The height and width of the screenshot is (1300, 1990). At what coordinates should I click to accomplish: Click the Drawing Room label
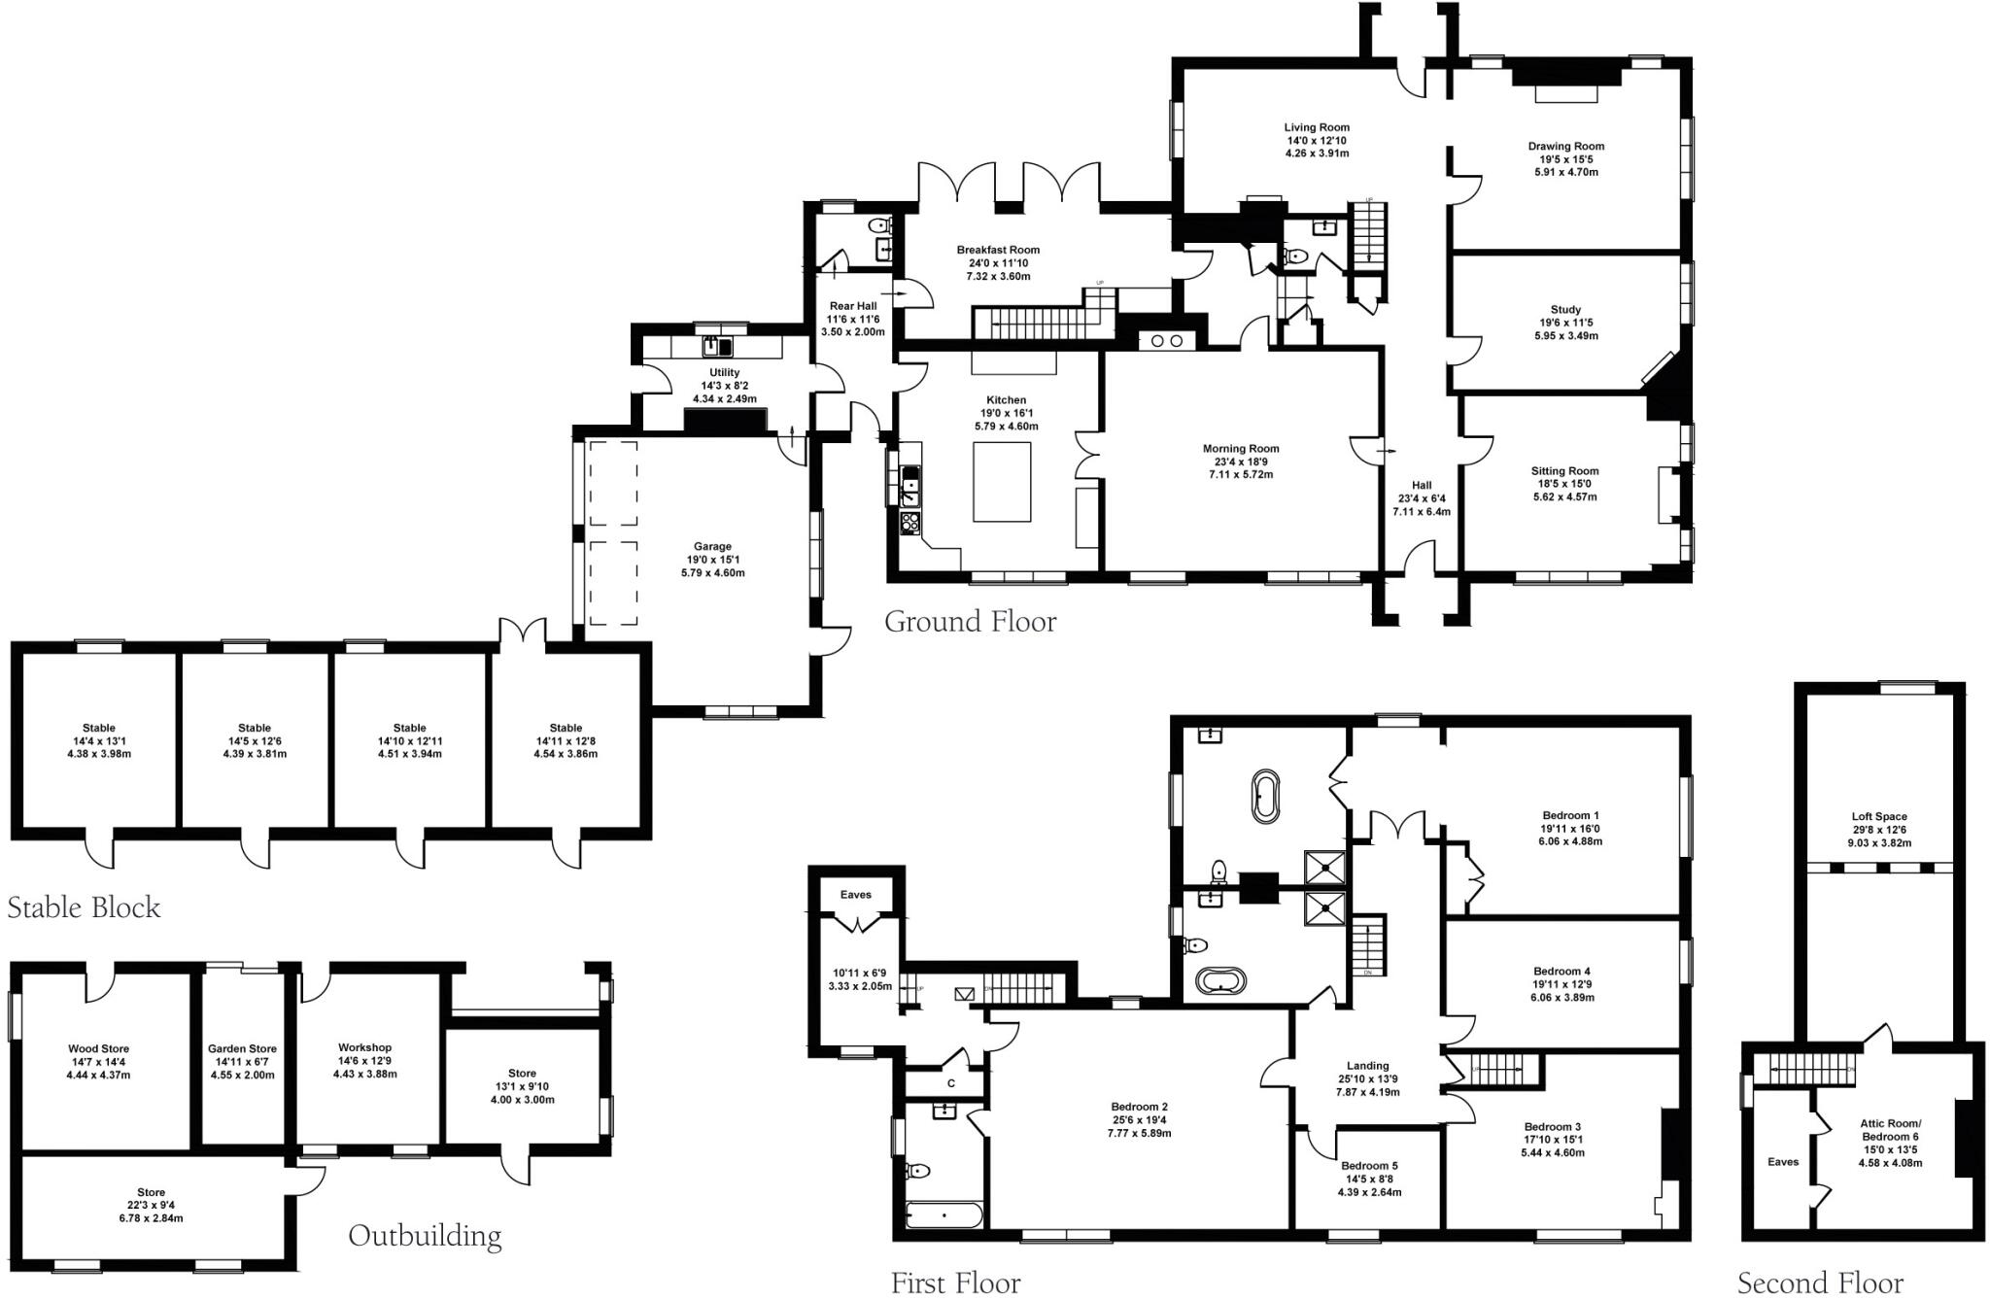click(1565, 147)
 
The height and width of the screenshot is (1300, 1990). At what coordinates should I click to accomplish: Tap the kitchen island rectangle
click(1002, 482)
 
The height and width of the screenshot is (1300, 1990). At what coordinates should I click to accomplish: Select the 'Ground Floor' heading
click(970, 621)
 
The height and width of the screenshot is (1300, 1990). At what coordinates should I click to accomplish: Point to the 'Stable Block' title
click(84, 907)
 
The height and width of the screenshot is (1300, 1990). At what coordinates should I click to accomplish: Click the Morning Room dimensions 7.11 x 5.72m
click(1241, 475)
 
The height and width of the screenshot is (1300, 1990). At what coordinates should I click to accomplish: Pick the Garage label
click(712, 547)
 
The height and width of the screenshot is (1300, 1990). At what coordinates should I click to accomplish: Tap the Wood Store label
click(98, 1049)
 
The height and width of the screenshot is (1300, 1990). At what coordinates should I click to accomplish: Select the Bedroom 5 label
click(1369, 1166)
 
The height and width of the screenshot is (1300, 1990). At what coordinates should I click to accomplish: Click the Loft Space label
click(1879, 817)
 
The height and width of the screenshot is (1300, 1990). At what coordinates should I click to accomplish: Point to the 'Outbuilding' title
click(425, 1236)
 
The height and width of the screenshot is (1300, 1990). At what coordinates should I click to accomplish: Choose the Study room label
click(1565, 310)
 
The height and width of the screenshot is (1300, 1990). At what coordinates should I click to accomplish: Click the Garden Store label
click(242, 1049)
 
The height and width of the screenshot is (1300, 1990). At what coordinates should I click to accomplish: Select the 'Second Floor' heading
click(1820, 1283)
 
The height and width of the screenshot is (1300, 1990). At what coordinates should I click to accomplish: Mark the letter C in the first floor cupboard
click(951, 1083)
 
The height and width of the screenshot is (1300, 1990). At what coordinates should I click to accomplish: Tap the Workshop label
click(364, 1047)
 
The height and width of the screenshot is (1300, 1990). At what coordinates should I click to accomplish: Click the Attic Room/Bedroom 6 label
click(1890, 1130)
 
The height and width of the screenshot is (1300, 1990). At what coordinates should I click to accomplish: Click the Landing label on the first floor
click(1367, 1066)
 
